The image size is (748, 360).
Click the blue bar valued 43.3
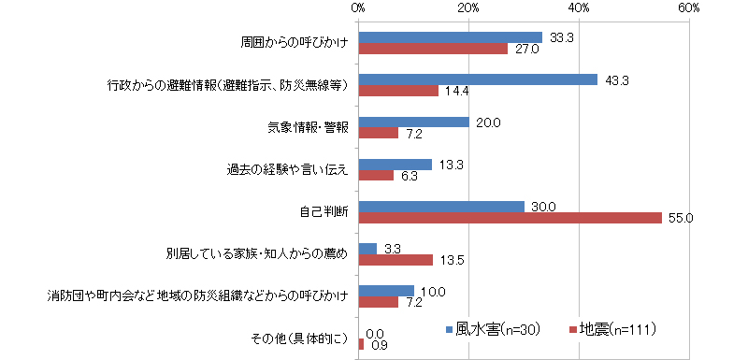tap(478, 79)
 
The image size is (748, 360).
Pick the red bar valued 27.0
tap(433, 49)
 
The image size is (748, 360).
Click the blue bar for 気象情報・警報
tap(414, 122)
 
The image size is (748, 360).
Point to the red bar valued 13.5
tap(396, 260)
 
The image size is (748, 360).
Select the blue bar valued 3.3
tap(367, 249)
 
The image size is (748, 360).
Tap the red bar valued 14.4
tap(398, 91)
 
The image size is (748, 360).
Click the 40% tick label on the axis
tap(579, 7)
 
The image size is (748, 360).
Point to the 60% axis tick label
tap(689, 7)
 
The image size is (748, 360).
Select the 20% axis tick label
tap(468, 7)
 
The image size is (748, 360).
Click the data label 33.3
tap(561, 37)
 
